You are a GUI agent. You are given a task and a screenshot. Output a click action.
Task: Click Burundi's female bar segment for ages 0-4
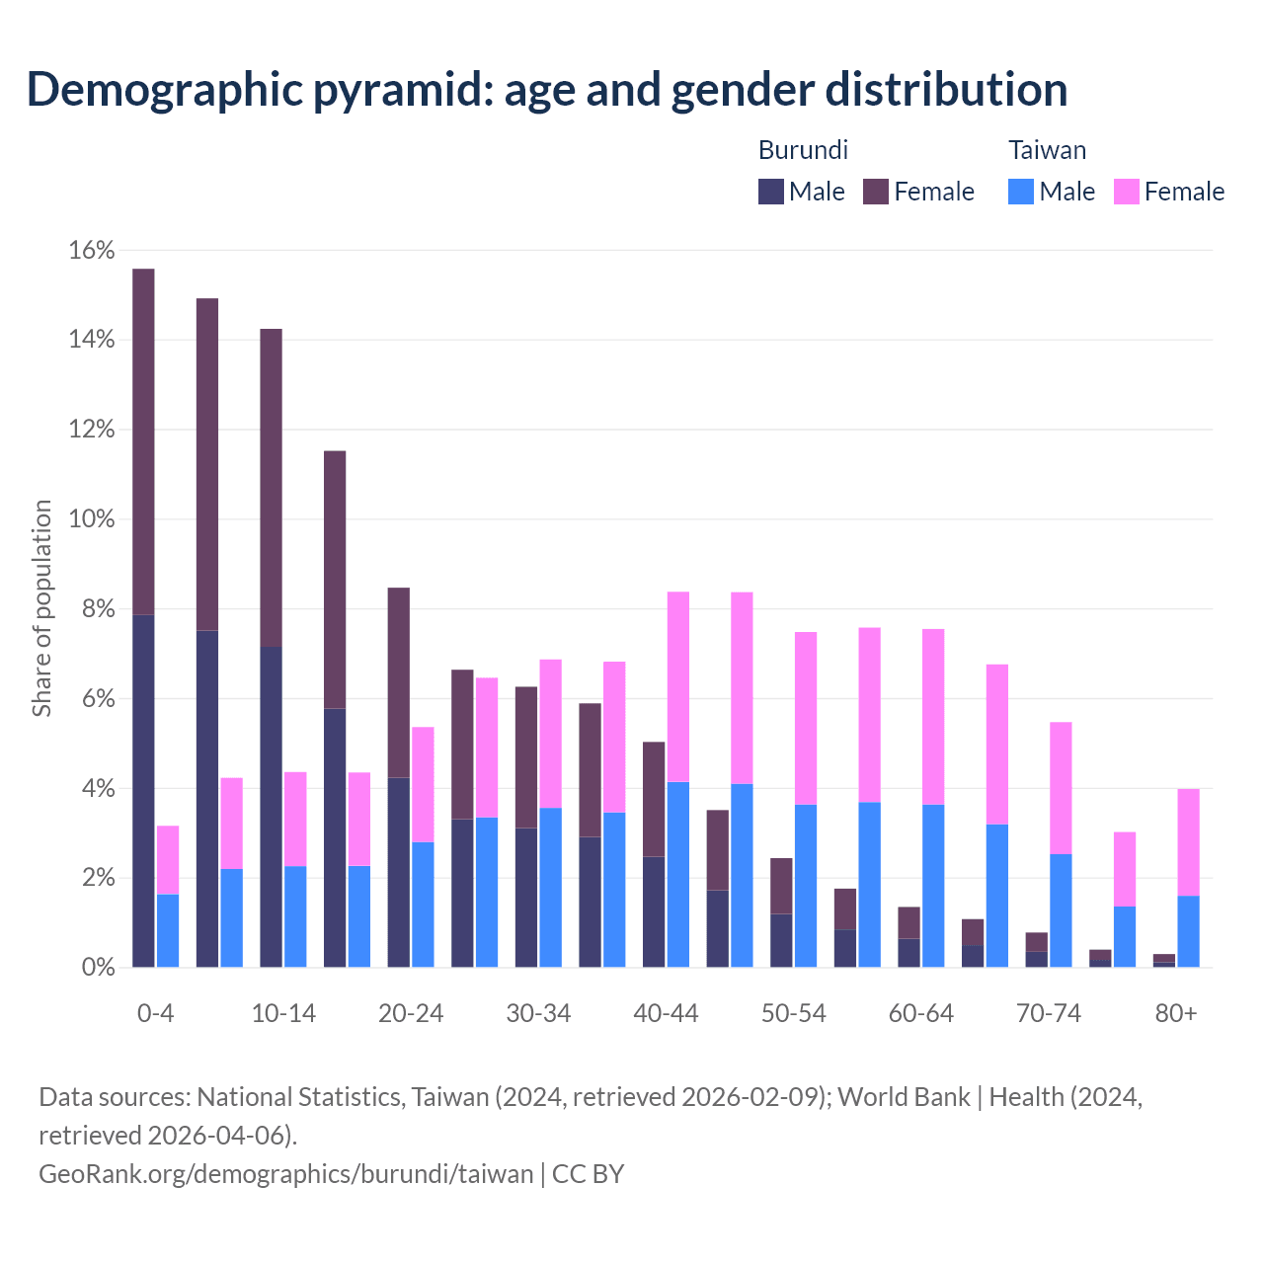coord(143,441)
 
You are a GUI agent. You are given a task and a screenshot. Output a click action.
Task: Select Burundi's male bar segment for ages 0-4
coord(143,790)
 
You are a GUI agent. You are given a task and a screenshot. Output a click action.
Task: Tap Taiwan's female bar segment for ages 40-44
coord(678,686)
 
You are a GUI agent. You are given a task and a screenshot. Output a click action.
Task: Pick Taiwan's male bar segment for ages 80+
coord(1188,931)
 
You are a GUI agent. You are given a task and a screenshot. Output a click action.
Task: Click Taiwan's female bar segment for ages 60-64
coord(933,716)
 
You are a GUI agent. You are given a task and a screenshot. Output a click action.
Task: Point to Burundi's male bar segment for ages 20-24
coord(398,872)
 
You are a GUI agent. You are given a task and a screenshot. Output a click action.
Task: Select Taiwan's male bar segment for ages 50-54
coord(806,886)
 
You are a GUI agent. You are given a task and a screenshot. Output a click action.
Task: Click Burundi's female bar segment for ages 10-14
coord(271,488)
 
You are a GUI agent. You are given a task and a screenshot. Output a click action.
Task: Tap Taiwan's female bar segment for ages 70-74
coord(1061,787)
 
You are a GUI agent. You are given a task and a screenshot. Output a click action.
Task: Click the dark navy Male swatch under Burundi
coord(771,192)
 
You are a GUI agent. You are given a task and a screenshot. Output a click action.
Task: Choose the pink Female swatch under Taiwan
coord(1127,192)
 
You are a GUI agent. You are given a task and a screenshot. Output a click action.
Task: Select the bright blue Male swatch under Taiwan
coord(1021,192)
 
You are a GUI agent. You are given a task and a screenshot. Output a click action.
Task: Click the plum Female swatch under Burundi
coord(876,192)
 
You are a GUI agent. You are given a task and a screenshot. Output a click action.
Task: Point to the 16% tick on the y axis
coord(92,251)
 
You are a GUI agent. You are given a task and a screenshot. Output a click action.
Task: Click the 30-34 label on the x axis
coord(538,1014)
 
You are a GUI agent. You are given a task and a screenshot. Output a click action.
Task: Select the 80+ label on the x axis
coord(1176,1014)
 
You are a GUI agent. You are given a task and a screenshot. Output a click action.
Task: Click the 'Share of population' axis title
coord(41,608)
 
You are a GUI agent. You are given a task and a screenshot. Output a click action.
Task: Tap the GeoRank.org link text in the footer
coord(285,1174)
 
